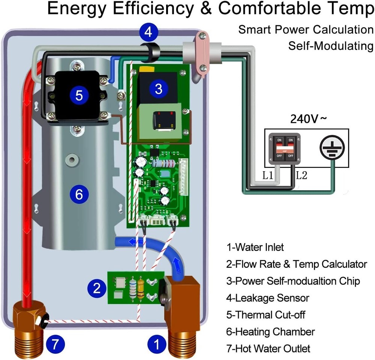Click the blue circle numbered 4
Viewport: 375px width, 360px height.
click(x=149, y=32)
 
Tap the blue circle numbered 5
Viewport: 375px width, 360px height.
click(x=79, y=95)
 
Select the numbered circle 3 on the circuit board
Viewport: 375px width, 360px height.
click(x=159, y=89)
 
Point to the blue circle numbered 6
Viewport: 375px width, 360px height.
click(x=79, y=194)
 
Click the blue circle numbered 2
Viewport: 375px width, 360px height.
click(x=97, y=288)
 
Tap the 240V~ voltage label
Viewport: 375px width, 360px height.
click(x=309, y=119)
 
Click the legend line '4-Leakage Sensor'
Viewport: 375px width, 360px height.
click(x=267, y=298)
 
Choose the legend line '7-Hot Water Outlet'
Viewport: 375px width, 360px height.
click(x=268, y=348)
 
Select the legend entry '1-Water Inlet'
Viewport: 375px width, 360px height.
click(x=255, y=247)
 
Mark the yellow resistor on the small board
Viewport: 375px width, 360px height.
click(x=141, y=288)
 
